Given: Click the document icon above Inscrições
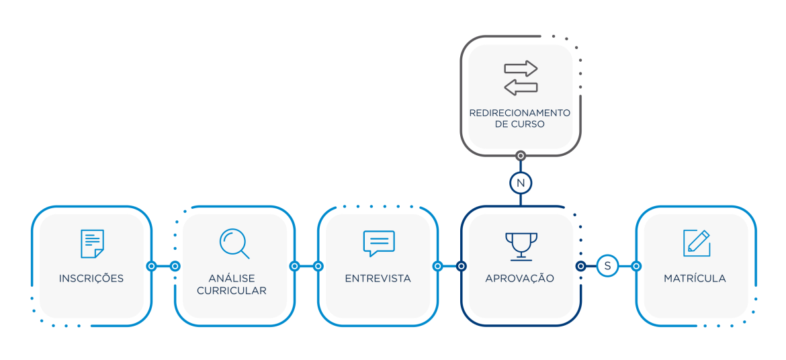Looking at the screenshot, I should tap(92, 244).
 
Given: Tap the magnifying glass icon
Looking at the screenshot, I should tap(234, 244).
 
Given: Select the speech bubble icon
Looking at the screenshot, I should tap(379, 243).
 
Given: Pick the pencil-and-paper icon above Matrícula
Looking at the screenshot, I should tap(697, 243).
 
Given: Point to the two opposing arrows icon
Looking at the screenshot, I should tap(521, 78).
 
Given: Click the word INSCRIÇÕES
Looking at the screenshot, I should tap(91, 279).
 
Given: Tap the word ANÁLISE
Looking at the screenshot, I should tap(232, 279).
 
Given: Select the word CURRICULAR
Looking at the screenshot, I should tap(232, 291).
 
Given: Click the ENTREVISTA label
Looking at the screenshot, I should tap(378, 279).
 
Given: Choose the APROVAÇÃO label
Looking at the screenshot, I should tap(520, 279).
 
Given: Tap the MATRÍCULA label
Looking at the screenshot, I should tap(695, 279).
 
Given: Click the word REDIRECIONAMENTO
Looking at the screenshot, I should tap(520, 113).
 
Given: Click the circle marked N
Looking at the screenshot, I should tap(521, 183).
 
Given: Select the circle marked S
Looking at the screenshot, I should tap(608, 266).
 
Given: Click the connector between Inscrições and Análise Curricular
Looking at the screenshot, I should tap(163, 266).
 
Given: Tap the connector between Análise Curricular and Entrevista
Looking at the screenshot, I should tap(306, 266).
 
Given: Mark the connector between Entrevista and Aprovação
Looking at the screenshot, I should tap(449, 266).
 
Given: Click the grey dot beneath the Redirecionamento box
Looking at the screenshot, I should tap(521, 156).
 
